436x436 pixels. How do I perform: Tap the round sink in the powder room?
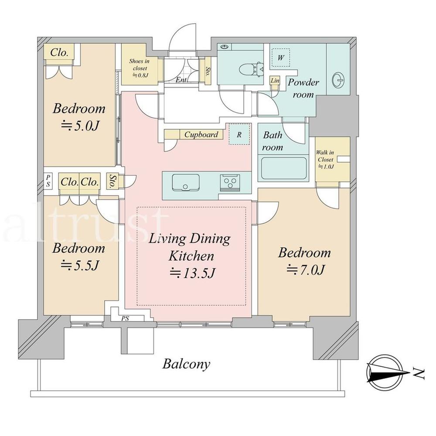339,80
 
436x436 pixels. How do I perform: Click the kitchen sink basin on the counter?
185,182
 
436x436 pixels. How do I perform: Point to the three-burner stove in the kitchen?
230,183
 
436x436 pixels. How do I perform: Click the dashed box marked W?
280,58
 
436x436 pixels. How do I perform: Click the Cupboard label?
201,135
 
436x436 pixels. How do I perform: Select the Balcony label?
186,364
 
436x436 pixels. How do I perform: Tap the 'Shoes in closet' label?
140,68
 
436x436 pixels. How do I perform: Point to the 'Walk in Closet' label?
325,159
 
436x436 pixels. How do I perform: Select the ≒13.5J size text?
192,273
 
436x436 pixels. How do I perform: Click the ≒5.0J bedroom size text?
79,126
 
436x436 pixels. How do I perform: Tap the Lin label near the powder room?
275,81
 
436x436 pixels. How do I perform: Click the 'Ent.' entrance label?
181,80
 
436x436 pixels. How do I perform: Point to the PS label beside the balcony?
125,318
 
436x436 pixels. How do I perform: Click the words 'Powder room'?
303,89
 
